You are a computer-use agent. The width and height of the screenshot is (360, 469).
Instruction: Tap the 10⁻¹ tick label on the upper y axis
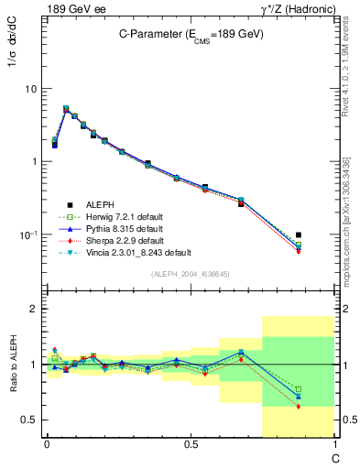[27, 234]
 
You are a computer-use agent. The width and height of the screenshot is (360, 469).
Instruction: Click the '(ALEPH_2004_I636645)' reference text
[191, 274]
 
